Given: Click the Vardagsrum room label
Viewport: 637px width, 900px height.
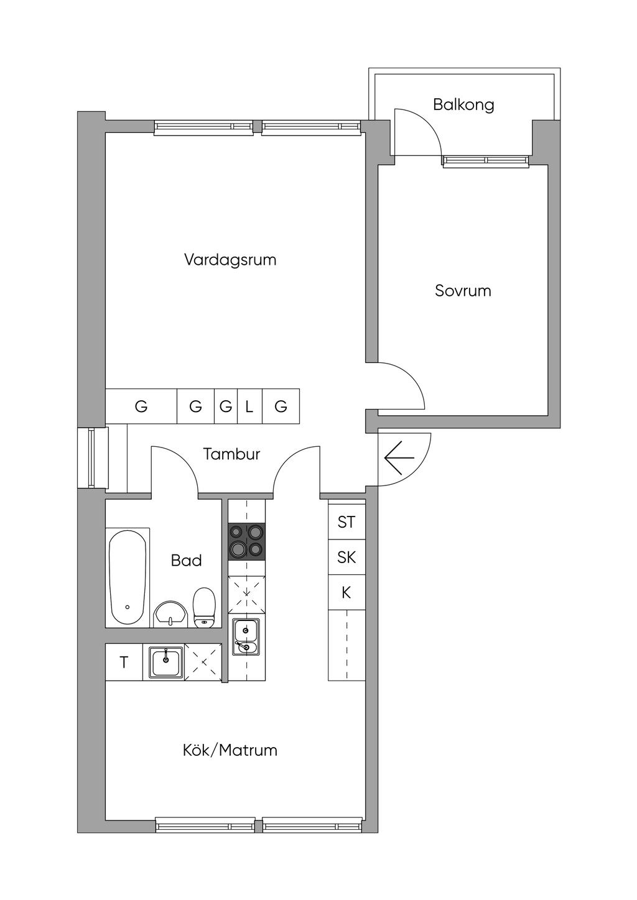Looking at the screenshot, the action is click(230, 260).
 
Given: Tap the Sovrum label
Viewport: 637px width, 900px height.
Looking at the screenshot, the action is click(463, 290).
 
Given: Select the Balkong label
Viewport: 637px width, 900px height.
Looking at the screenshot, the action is click(463, 105).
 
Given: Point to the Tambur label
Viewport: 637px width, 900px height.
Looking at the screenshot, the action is click(231, 454).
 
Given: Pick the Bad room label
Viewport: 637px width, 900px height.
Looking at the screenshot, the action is click(186, 560).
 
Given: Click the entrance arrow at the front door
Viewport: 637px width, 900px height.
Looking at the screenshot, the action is click(399, 457).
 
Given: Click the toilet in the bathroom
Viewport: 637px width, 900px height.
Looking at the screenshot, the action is click(205, 607).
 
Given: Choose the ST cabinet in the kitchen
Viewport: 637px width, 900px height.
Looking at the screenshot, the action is click(346, 522).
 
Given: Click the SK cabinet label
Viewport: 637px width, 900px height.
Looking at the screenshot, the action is click(346, 558).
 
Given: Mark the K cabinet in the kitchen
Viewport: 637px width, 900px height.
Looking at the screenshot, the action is click(346, 592).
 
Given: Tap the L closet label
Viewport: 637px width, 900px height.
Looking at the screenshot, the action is click(249, 407).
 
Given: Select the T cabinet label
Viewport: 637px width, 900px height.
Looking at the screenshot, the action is click(124, 662).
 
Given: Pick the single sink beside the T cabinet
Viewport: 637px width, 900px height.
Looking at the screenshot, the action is click(165, 661).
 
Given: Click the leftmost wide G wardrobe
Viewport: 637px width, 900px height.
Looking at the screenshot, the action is click(141, 406).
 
